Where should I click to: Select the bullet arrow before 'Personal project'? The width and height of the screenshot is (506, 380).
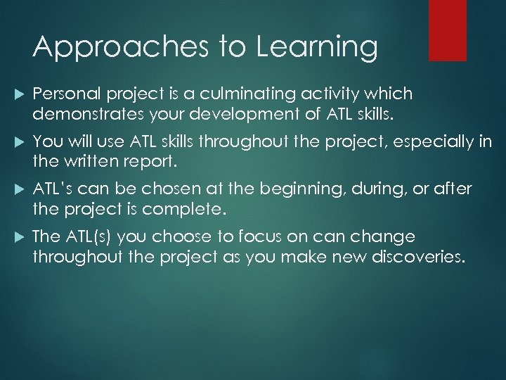(x=18, y=94)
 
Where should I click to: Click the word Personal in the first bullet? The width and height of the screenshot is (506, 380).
(x=67, y=94)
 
